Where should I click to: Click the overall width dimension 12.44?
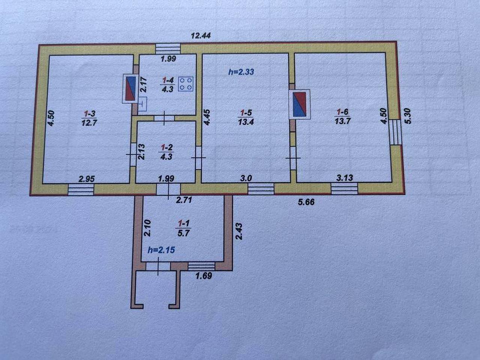coord(201,35)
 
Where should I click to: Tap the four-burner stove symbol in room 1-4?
coord(186,84)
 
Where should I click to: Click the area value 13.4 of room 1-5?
coord(246,122)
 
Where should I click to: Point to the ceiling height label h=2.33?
coord(241,72)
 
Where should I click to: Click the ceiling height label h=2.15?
coord(161,250)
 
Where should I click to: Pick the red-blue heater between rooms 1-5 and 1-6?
coord(299,104)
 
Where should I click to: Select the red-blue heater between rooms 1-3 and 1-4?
coord(130,88)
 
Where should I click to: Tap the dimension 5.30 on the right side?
coord(408,117)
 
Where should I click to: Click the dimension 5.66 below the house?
coord(306,202)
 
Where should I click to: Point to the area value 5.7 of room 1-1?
coord(183,233)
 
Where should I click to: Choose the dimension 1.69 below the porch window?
coord(204,276)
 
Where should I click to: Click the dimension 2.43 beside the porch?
coord(239,231)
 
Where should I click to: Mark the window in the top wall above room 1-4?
coord(168,48)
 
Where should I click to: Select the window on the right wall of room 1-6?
coord(396,132)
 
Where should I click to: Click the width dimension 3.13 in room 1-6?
coord(344,177)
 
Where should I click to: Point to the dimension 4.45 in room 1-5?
coord(207,117)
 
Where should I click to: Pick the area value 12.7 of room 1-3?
coord(89,123)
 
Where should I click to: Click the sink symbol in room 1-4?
coord(142,104)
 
